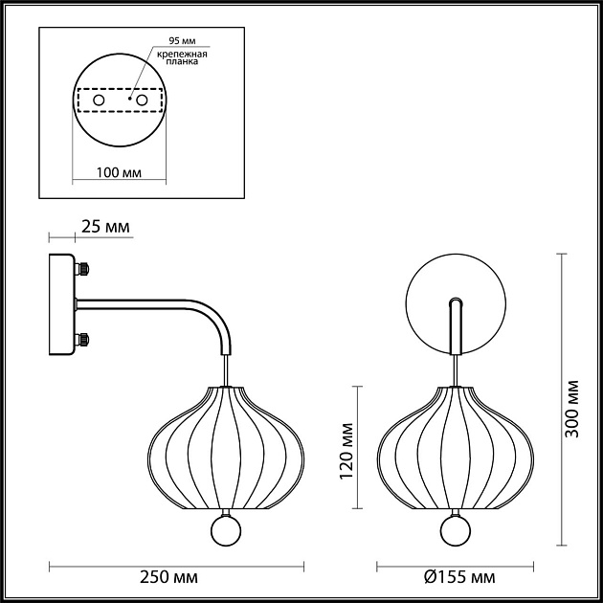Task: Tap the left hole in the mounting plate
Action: point(98,100)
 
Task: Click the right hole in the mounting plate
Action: point(142,100)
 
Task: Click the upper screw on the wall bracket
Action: point(83,271)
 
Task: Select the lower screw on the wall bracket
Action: point(83,339)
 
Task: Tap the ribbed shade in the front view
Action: point(455,445)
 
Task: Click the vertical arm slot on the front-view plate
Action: point(456,325)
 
